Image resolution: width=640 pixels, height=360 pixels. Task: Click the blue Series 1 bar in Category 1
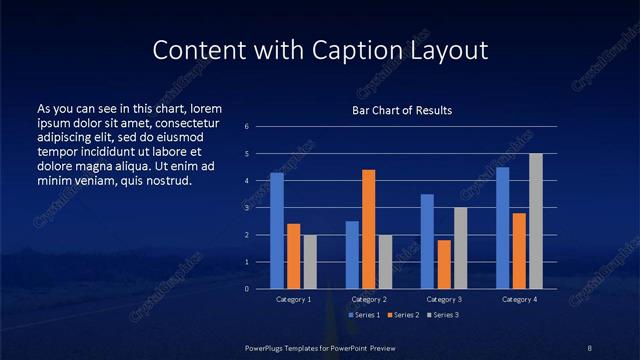pos(277,231)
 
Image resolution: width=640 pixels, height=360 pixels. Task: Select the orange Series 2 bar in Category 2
pos(369,229)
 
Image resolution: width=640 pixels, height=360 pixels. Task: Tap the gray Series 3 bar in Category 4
pos(536,221)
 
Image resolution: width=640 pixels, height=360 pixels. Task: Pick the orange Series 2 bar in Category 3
pos(444,264)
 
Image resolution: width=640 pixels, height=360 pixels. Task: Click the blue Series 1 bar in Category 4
pos(503,228)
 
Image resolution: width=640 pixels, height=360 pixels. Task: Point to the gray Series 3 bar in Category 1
pos(310,262)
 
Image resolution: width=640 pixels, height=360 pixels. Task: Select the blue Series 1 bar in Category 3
pos(427,241)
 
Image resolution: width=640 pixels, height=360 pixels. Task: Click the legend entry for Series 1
pos(363,315)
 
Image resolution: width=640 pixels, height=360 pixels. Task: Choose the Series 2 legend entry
pos(402,315)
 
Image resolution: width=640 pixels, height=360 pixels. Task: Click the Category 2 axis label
pos(369,299)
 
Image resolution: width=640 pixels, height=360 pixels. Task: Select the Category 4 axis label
pos(519,299)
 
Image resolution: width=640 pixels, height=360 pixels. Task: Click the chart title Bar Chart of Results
pos(402,109)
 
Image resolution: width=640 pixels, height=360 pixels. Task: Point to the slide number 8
pos(589,347)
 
